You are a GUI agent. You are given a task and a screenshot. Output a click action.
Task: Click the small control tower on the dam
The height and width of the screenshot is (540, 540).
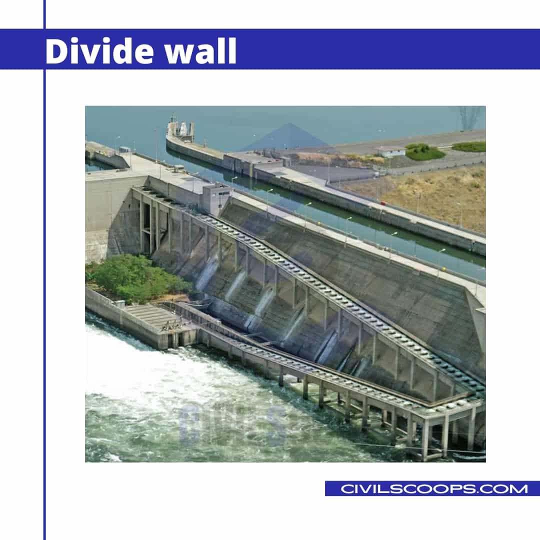(x=216, y=198)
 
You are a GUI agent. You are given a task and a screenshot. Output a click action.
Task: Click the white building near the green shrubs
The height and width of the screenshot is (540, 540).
(x=391, y=151)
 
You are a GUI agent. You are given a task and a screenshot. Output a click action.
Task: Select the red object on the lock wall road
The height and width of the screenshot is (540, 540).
(x=384, y=203)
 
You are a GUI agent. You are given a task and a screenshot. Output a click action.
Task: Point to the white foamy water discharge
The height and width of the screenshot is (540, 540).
(x=150, y=370)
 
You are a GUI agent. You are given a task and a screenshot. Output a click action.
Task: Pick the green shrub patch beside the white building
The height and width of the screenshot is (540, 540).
(x=425, y=152)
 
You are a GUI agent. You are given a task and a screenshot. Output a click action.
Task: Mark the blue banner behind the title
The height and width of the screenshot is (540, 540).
(x=380, y=49)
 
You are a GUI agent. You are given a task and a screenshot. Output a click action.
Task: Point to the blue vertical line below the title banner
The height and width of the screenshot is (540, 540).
(x=44, y=300)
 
